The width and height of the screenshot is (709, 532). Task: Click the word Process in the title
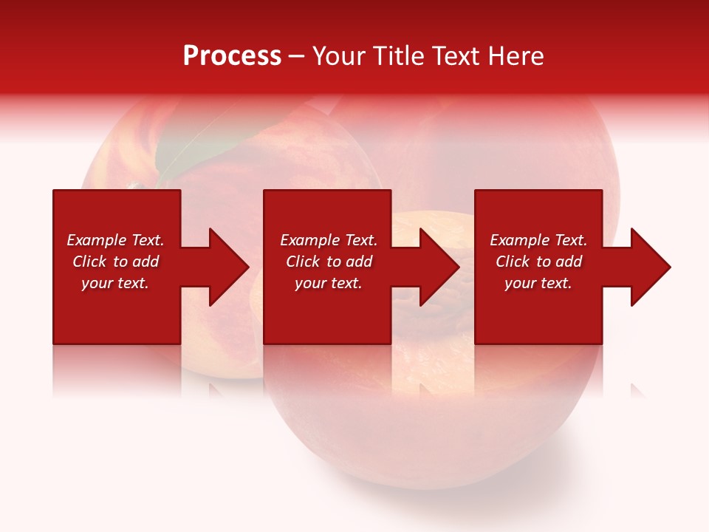point(232,56)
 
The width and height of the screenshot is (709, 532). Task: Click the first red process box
point(117,310)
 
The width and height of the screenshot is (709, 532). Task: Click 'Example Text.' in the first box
point(115,240)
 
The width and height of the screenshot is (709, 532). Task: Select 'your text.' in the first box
point(115,283)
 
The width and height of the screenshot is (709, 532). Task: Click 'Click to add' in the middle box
point(329,262)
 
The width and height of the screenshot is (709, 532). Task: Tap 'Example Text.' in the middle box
point(329,240)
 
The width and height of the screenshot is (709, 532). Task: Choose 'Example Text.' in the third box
point(538,240)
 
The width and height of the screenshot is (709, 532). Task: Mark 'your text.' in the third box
point(538,283)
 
